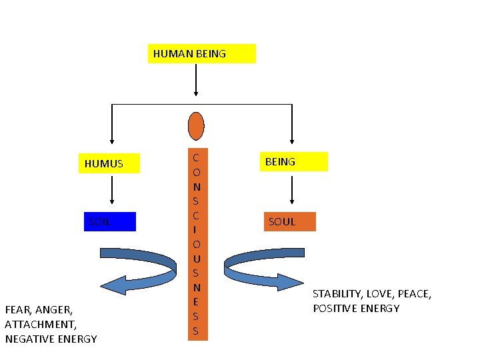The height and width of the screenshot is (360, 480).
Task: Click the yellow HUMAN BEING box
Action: point(201,53)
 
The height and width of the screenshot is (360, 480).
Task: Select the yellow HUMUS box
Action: point(111,163)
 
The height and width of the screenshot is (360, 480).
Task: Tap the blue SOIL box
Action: point(109,221)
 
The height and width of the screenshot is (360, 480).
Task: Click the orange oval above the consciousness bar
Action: point(196,125)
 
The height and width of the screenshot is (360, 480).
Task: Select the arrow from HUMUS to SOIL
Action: point(111,189)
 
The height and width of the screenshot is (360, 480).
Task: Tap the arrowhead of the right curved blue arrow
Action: point(293,282)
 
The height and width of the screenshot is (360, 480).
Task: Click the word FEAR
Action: point(18,309)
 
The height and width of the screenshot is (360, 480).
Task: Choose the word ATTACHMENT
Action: point(40,324)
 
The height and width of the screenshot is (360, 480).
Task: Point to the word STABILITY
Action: point(337,293)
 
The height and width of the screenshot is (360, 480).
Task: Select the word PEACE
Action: point(413,293)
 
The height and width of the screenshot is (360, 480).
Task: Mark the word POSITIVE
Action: point(335,308)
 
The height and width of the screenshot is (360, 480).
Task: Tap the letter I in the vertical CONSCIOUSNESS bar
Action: point(196,229)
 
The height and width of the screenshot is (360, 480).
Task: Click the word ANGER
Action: point(56,309)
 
